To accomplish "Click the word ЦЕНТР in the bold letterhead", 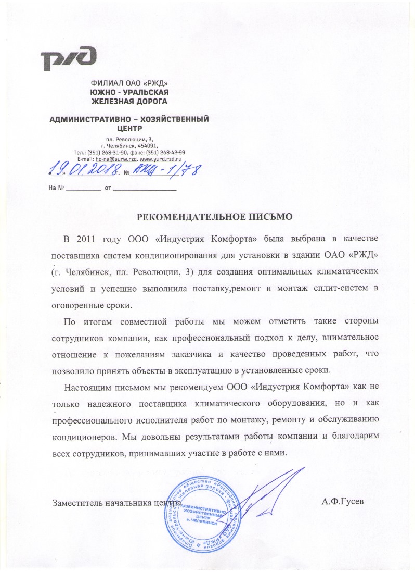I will [129, 127].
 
